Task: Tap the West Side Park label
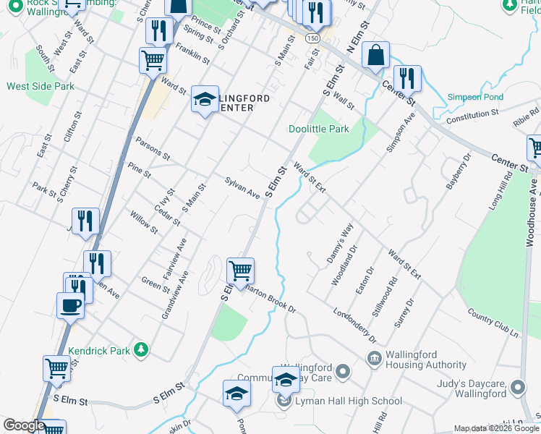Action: [41, 86]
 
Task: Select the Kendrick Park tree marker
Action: [142, 350]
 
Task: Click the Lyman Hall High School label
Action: [348, 401]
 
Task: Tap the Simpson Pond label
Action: [475, 97]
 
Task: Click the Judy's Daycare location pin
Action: [517, 388]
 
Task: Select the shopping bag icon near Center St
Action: [376, 54]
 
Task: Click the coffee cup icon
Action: [70, 305]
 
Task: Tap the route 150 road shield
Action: [312, 37]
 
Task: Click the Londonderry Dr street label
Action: [354, 326]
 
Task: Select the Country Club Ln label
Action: [494, 323]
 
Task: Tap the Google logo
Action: [23, 425]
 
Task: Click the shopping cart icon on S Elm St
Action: [240, 271]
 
